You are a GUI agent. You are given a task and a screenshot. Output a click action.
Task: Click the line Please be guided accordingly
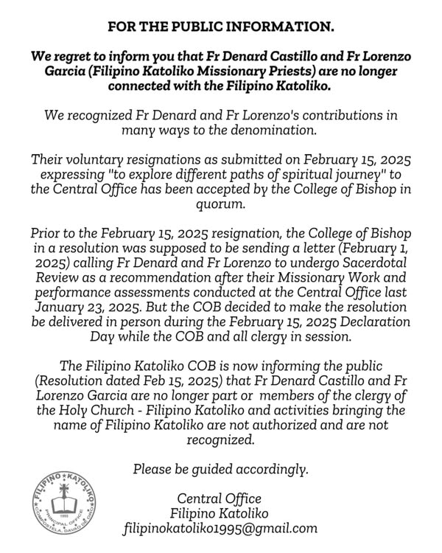tap(220, 469)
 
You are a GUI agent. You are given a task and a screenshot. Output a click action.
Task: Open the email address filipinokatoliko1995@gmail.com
tap(220, 528)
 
